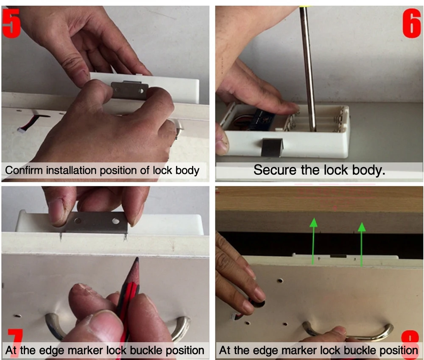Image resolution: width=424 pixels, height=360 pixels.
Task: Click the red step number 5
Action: click(11, 23)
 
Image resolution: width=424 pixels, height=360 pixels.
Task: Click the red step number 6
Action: click(412, 23)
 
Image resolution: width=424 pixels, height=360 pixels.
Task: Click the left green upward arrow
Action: click(313, 241)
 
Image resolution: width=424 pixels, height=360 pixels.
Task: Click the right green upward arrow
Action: click(362, 244)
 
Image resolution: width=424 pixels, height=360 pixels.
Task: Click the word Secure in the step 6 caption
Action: click(275, 170)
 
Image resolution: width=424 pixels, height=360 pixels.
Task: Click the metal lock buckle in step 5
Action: click(130, 90)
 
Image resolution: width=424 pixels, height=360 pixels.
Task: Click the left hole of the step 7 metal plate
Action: click(78, 220)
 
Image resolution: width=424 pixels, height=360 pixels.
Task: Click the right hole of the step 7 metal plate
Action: click(116, 221)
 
